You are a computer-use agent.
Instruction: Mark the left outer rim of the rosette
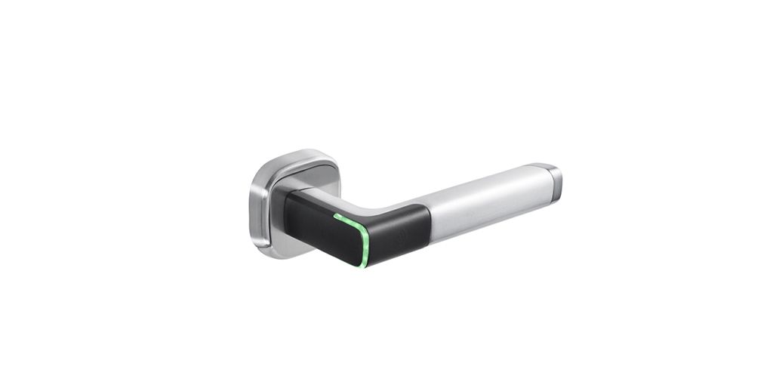(251, 204)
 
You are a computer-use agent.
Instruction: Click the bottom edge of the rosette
(279, 255)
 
